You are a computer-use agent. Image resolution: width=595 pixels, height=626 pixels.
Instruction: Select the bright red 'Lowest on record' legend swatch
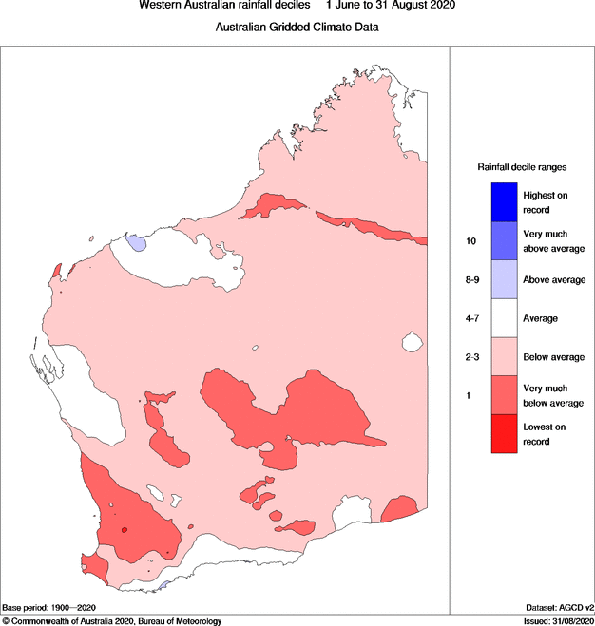click(504, 434)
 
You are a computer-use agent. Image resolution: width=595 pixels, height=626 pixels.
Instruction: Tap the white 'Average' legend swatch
click(504, 318)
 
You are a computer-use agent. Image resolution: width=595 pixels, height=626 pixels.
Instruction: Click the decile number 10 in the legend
click(470, 241)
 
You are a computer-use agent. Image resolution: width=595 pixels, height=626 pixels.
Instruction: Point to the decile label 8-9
click(471, 280)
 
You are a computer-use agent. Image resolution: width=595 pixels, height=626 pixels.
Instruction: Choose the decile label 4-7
click(471, 318)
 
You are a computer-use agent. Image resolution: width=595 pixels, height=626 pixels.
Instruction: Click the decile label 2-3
click(471, 357)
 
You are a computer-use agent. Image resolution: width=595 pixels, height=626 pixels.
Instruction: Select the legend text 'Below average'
click(553, 357)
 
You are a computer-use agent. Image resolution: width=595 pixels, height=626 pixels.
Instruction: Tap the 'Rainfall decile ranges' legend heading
click(522, 166)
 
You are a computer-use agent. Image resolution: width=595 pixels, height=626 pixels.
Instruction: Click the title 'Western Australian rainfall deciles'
click(224, 6)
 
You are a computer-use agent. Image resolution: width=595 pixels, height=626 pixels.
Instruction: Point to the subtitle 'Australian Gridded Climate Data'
click(297, 28)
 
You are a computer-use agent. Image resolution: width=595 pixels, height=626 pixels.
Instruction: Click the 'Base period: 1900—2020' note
click(49, 607)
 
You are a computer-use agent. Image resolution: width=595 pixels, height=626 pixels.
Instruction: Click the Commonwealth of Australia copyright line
click(112, 620)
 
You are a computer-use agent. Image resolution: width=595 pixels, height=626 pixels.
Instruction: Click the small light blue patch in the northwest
click(138, 243)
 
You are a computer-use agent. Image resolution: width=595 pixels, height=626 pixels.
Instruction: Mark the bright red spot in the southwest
click(124, 531)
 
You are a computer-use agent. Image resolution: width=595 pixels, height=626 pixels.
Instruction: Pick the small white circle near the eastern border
click(412, 341)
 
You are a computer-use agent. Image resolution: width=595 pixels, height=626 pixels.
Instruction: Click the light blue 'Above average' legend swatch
click(504, 279)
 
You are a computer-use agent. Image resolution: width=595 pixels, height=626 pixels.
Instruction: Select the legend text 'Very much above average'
click(553, 241)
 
